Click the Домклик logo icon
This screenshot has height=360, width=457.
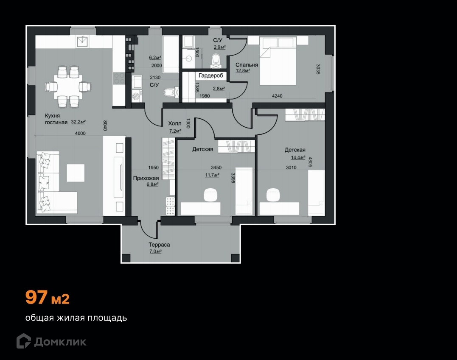pyautogui.click(x=23, y=341)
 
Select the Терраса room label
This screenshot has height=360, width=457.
pyautogui.click(x=159, y=245)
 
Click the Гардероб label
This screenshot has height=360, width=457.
pyautogui.click(x=211, y=75)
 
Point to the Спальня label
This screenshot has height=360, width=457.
pyautogui.click(x=247, y=65)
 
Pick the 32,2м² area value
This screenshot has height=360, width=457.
pyautogui.click(x=78, y=122)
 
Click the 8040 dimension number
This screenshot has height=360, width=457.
pyautogui.click(x=106, y=126)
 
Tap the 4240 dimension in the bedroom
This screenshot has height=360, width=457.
pyautogui.click(x=277, y=96)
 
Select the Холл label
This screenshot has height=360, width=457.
pyautogui.click(x=174, y=123)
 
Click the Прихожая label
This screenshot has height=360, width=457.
pyautogui.click(x=146, y=178)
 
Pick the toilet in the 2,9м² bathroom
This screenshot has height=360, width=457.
pyautogui.click(x=216, y=60)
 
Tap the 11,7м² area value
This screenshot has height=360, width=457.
pyautogui.click(x=212, y=175)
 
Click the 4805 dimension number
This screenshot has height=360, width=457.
pyautogui.click(x=310, y=163)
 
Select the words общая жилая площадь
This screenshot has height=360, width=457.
pyautogui.click(x=76, y=318)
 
